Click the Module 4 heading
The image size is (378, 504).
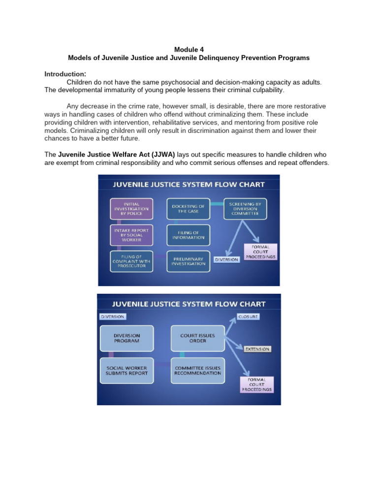189,49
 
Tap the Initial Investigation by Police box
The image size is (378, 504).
131,209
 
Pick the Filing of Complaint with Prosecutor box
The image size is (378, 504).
131,260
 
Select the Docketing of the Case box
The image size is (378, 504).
188,209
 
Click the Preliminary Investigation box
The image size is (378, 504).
188,260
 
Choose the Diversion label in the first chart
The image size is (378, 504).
226,259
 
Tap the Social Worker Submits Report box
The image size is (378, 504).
126,370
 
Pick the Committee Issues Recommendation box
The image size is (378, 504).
197,370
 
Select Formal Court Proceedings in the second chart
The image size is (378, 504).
256,384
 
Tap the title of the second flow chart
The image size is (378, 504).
189,304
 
